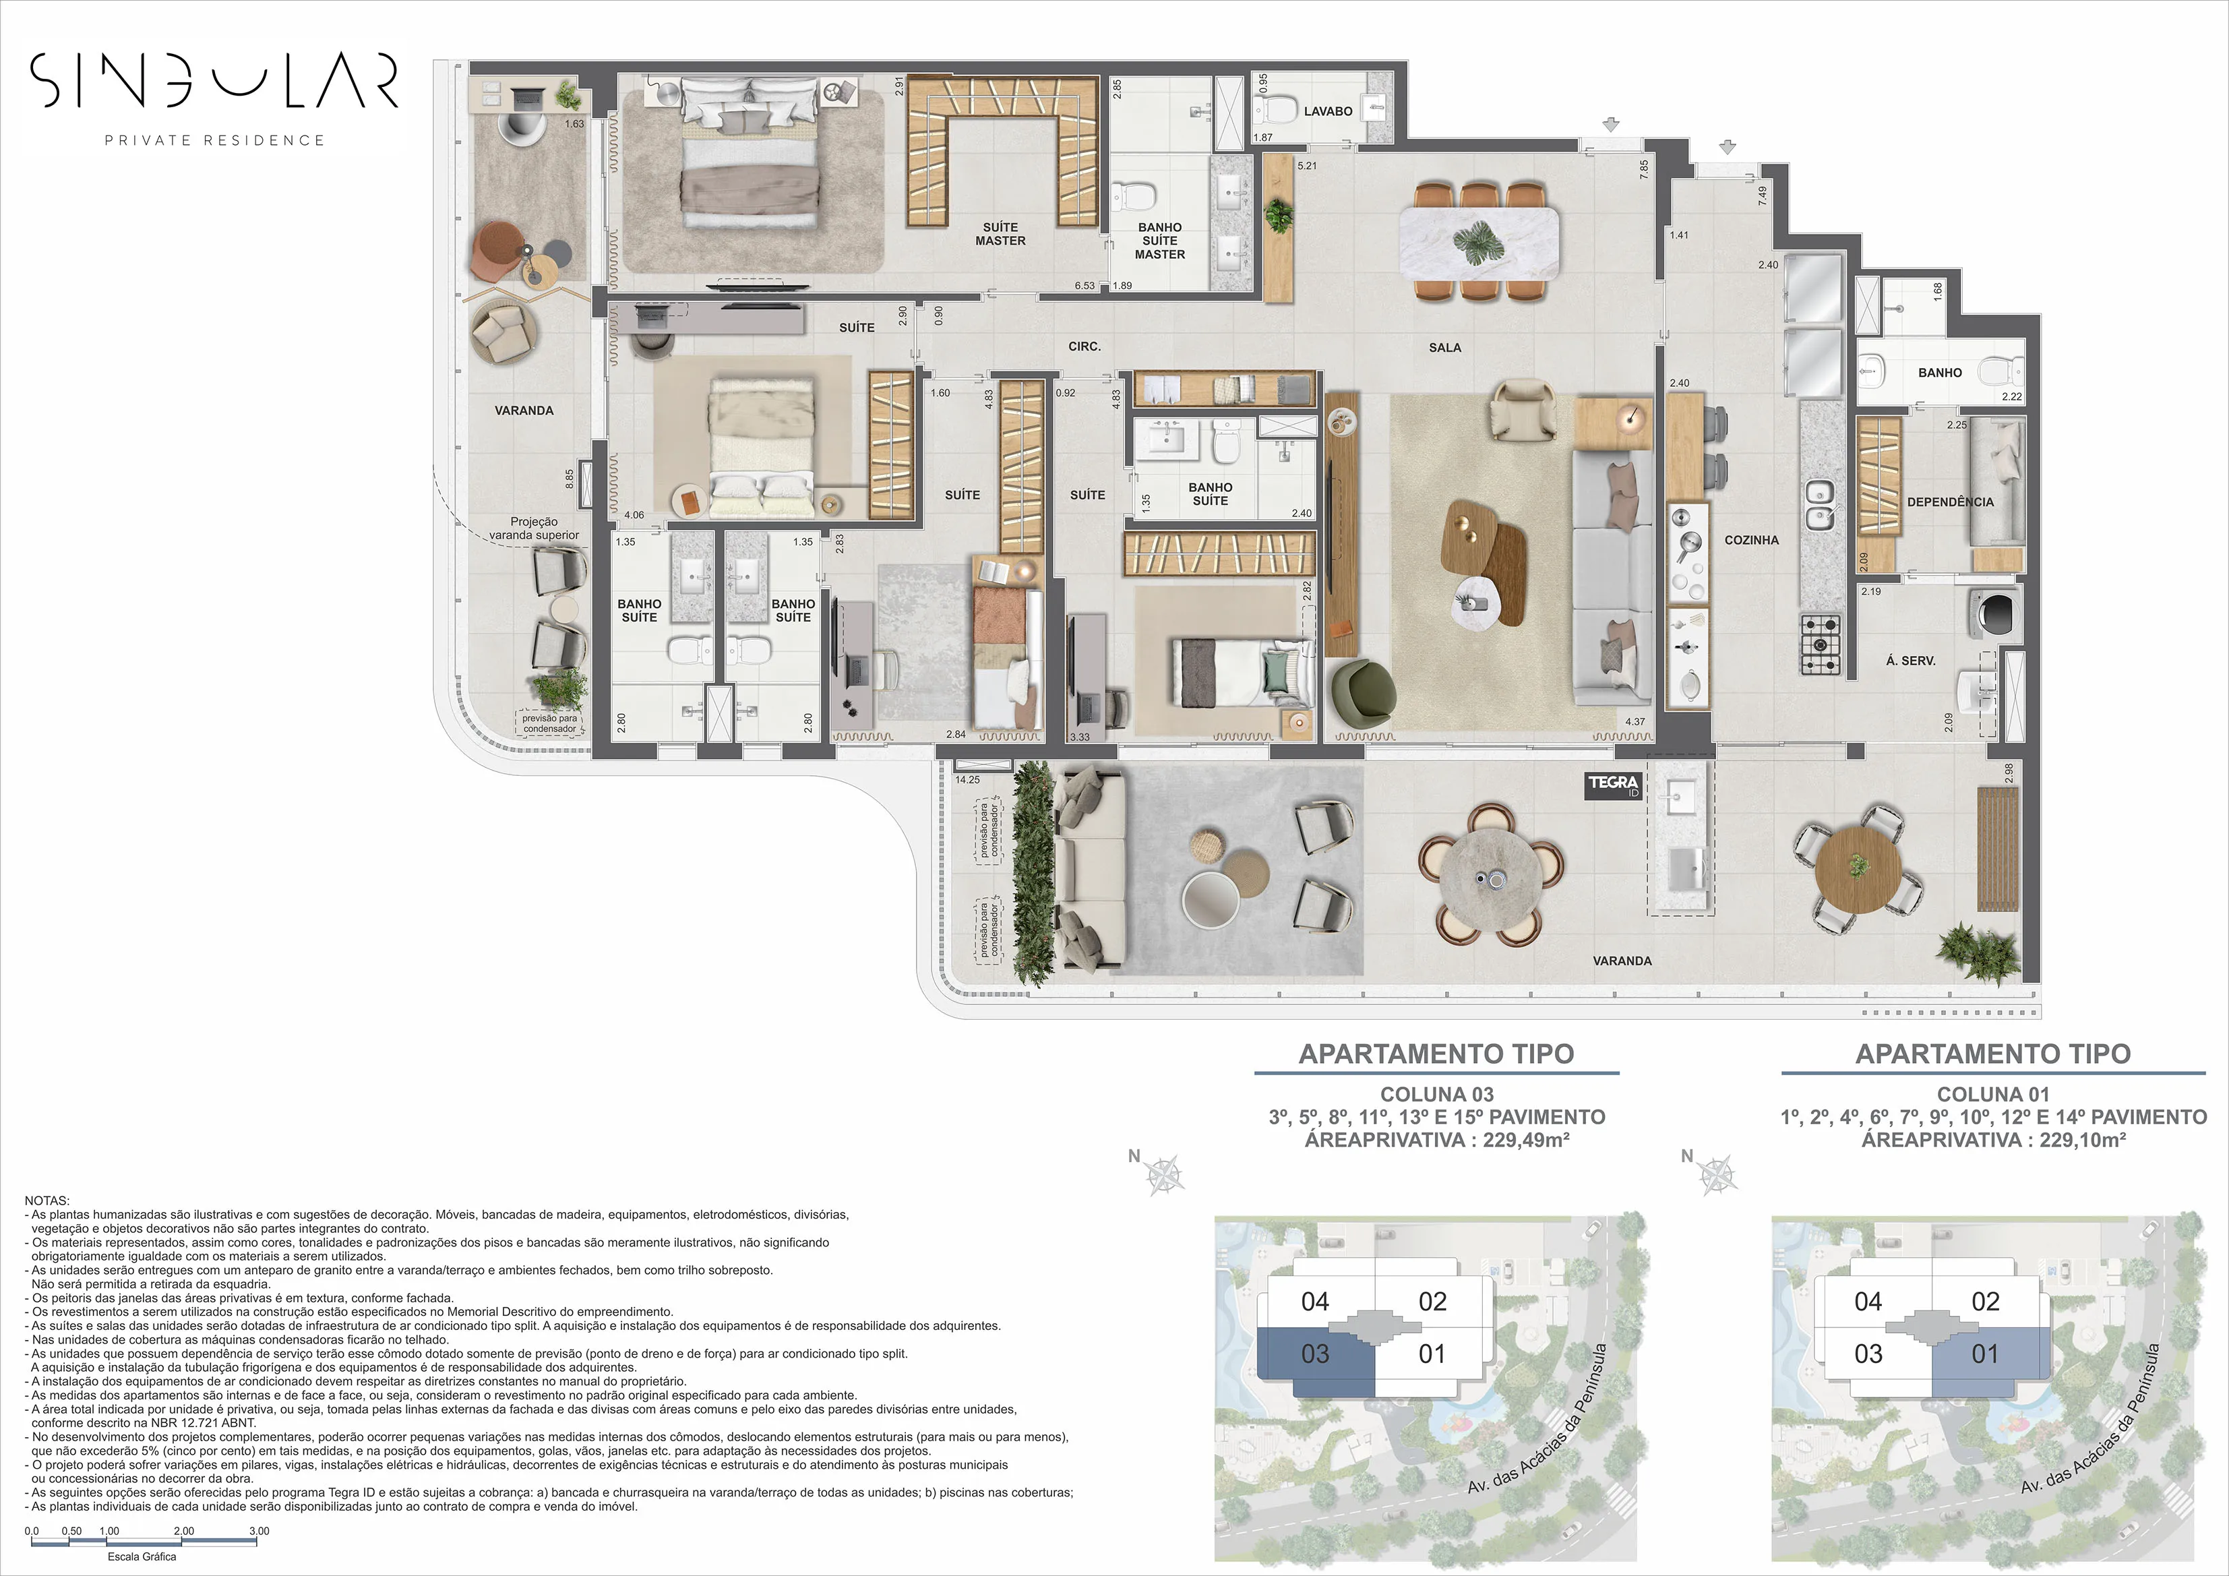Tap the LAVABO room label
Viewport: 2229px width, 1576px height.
pyautogui.click(x=1327, y=112)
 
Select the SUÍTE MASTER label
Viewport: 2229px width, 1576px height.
pyautogui.click(x=1000, y=234)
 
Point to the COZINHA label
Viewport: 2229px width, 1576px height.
pyautogui.click(x=1751, y=540)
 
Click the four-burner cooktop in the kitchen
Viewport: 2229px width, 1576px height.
pyautogui.click(x=1821, y=645)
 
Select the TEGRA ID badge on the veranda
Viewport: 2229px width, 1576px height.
pyautogui.click(x=1614, y=785)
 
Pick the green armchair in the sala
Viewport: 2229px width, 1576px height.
pyautogui.click(x=1363, y=690)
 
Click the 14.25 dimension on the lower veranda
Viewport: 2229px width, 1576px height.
pyautogui.click(x=967, y=780)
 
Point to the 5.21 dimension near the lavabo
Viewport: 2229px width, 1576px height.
pyautogui.click(x=1307, y=166)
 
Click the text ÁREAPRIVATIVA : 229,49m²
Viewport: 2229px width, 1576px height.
pyautogui.click(x=1437, y=1140)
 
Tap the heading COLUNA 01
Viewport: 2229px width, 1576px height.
pyautogui.click(x=1992, y=1094)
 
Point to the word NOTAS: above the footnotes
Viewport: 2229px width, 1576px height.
pyautogui.click(x=47, y=1201)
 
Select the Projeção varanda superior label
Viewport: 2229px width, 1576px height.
pyautogui.click(x=533, y=528)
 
